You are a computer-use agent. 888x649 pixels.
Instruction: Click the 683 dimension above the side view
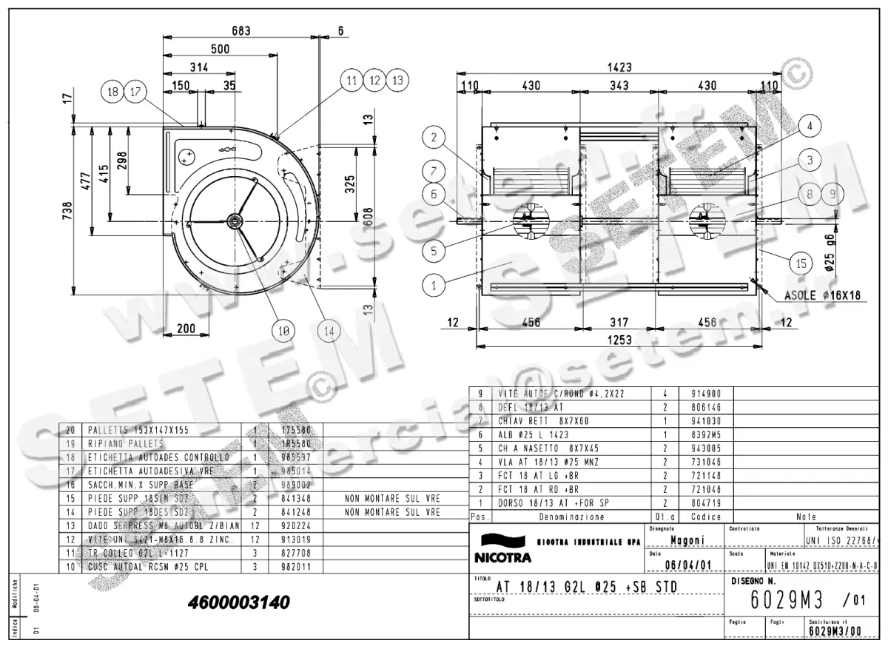coord(241,31)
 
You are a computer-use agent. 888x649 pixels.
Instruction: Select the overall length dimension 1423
coord(619,67)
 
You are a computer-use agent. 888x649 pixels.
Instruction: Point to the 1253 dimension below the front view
coord(619,340)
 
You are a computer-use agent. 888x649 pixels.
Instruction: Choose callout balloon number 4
coord(810,126)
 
